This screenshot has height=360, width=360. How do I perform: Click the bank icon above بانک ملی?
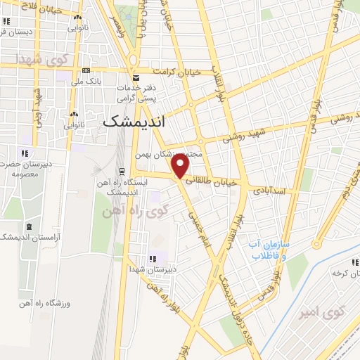pos(86,70)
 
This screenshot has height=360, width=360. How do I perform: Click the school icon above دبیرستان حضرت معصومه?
pos(24,153)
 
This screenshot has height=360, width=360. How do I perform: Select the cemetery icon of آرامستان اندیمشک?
pos(29,226)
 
